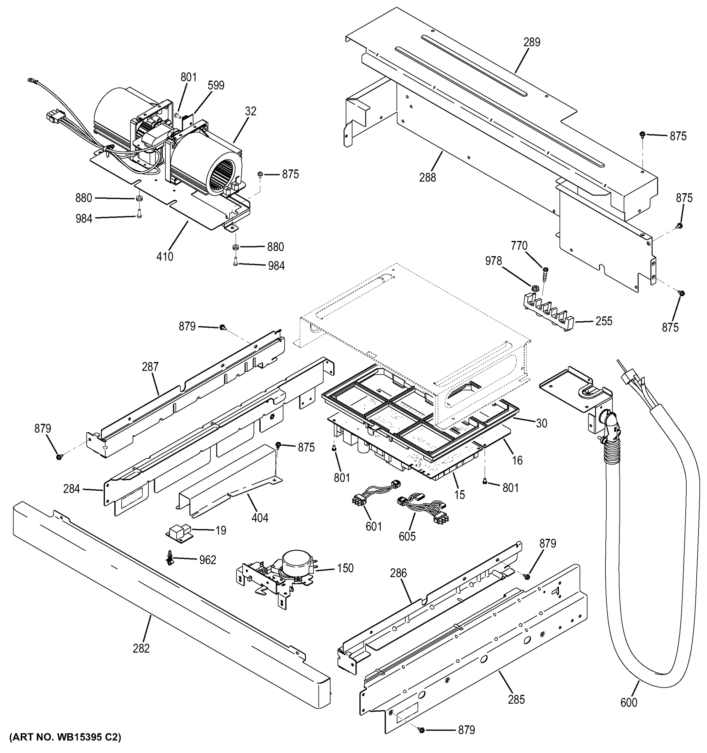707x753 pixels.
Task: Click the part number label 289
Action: [x=532, y=42]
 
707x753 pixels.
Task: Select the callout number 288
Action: [x=428, y=177]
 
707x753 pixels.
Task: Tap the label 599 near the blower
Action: [x=216, y=86]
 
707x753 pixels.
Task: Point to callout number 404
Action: [x=260, y=518]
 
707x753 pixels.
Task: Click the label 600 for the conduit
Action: [x=629, y=702]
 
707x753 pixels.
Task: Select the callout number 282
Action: [x=141, y=649]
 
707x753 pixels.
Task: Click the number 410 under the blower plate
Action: [x=165, y=257]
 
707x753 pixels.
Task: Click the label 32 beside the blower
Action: [x=251, y=111]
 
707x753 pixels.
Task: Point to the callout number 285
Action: [x=516, y=700]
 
